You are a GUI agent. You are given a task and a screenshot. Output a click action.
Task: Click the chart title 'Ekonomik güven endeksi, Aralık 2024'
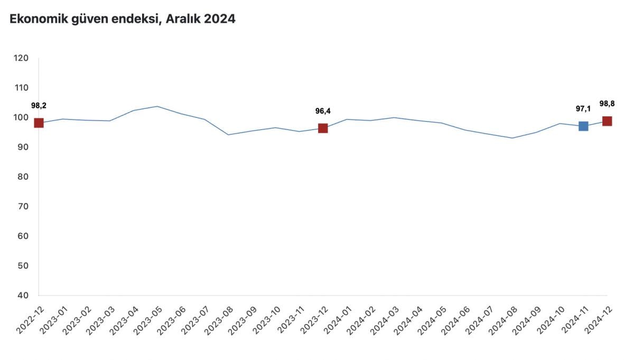point(123,19)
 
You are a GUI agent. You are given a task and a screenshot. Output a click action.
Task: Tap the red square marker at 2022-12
point(39,123)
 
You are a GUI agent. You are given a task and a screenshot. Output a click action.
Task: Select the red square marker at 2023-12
point(323,128)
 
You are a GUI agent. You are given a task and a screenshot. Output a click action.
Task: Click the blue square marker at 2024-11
point(583,126)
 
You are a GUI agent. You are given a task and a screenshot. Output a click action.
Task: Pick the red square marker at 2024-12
point(607,121)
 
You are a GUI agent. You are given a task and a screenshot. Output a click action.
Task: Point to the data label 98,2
point(39,106)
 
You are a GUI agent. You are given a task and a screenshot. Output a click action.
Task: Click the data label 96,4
point(323,111)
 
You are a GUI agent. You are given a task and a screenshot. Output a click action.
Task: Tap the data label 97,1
point(583,108)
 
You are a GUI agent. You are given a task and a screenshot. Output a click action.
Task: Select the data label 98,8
point(607,104)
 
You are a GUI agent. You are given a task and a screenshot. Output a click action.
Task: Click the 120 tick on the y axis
point(22,58)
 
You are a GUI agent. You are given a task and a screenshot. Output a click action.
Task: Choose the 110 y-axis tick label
point(22,88)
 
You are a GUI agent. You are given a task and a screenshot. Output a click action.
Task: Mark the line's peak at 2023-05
point(157,106)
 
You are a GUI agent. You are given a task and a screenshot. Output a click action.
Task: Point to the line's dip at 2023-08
point(228,135)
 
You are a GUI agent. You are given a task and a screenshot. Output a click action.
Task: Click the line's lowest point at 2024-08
point(512,138)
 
